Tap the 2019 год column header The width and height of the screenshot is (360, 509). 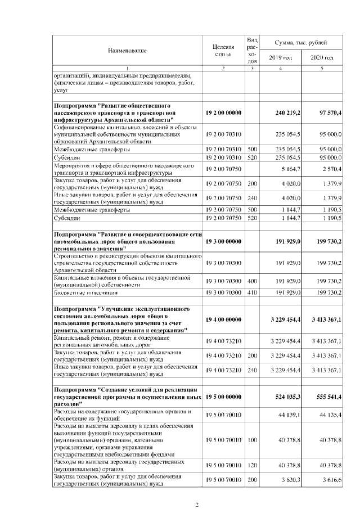280,58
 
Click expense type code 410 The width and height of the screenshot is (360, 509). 252,292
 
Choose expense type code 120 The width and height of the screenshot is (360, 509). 252,464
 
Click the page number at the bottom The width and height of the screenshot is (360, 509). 197,504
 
